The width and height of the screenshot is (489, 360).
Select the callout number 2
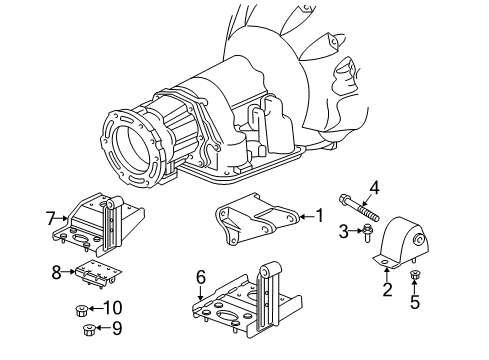tap(387, 290)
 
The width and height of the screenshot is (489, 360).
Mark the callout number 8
tap(57, 270)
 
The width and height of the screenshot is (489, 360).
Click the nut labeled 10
tap(84, 309)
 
